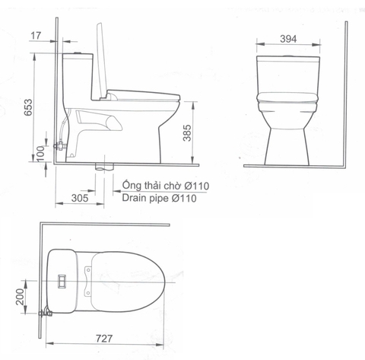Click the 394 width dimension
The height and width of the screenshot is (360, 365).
tap(287, 39)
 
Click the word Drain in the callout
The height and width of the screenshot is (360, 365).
tap(135, 199)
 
